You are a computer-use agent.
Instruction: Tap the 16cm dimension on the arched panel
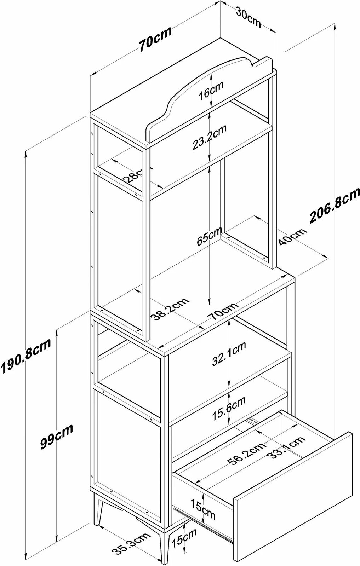click(211, 91)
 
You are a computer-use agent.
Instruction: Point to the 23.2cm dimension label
click(209, 137)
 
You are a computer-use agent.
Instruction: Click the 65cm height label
click(210, 237)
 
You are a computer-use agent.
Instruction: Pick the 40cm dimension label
click(292, 237)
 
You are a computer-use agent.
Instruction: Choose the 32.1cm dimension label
click(229, 353)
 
